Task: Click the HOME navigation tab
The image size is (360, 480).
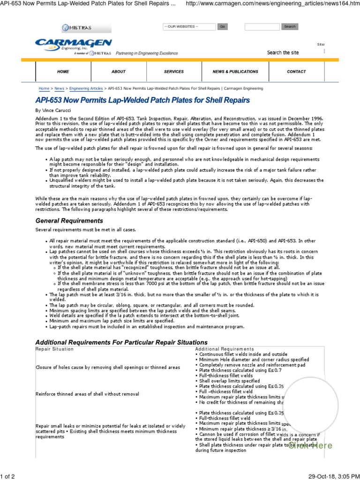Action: pyautogui.click(x=63, y=72)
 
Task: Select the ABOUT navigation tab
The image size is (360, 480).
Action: pyautogui.click(x=119, y=72)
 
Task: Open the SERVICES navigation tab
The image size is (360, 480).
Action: pyautogui.click(x=174, y=72)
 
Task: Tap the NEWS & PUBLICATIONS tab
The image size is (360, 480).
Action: pyautogui.click(x=229, y=72)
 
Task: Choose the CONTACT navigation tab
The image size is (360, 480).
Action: pyautogui.click(x=296, y=72)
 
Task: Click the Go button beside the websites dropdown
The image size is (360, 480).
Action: pyautogui.click(x=223, y=27)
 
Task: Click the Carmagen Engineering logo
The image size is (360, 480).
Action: pyautogui.click(x=73, y=45)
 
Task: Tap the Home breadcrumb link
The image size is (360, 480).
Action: pyautogui.click(x=44, y=88)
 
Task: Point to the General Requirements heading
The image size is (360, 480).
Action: pyautogui.click(x=69, y=221)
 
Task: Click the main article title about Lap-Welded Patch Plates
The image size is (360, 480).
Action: pyautogui.click(x=142, y=100)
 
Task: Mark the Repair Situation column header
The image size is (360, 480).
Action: pyautogui.click(x=54, y=349)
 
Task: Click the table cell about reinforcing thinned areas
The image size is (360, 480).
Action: pyautogui.click(x=87, y=394)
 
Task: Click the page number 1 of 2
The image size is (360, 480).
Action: pyautogui.click(x=8, y=476)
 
